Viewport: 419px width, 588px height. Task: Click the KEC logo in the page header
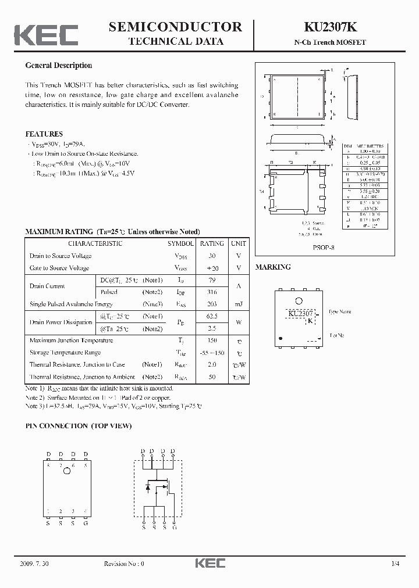pyautogui.click(x=46, y=34)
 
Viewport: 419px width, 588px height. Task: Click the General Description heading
pyautogui.click(x=58, y=66)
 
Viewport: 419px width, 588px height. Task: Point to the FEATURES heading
pyautogui.click(x=44, y=134)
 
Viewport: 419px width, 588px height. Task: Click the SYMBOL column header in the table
pyautogui.click(x=181, y=243)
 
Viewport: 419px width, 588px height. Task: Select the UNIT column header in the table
pyautogui.click(x=238, y=243)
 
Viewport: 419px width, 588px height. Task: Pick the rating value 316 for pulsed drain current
pyautogui.click(x=212, y=292)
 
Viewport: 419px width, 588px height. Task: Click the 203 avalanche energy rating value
pyautogui.click(x=212, y=304)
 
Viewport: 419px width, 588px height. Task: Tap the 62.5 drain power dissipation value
pyautogui.click(x=212, y=316)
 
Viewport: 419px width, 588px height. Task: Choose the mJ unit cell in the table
pyautogui.click(x=238, y=304)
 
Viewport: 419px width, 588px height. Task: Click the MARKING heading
pyautogui.click(x=273, y=267)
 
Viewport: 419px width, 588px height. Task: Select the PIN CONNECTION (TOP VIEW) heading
pyautogui.click(x=79, y=426)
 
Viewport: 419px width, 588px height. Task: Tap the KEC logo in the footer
pyautogui.click(x=209, y=564)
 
